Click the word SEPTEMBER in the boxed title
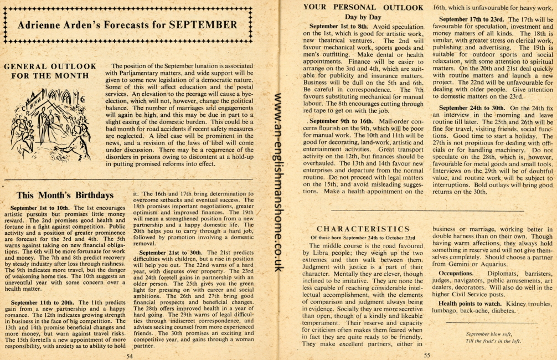coord(203,25)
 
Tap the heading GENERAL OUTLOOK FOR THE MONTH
coord(50,71)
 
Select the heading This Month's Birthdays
coord(65,195)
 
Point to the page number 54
coord(130,356)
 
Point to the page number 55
coord(427,356)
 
